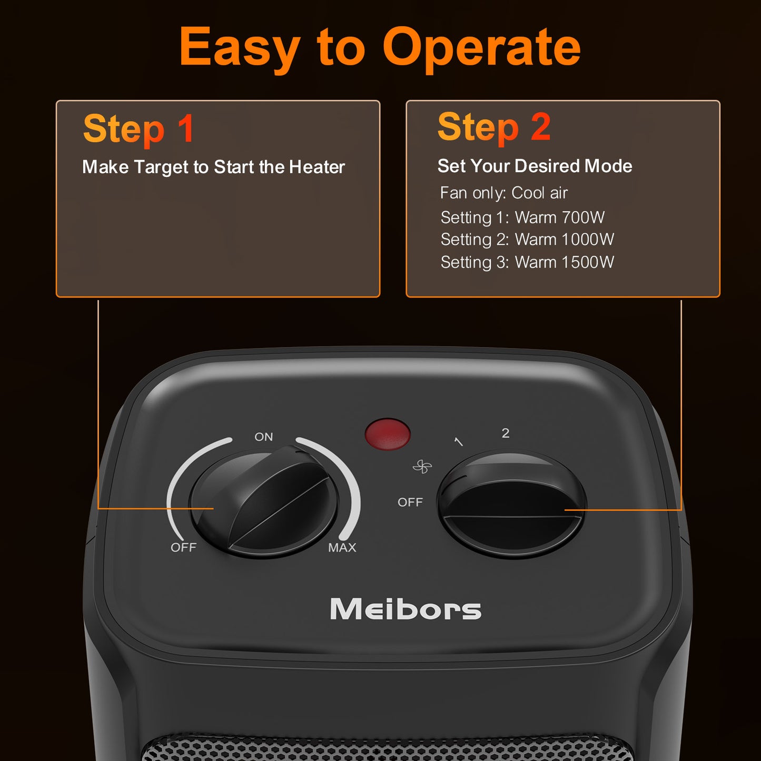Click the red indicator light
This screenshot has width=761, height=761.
(388, 434)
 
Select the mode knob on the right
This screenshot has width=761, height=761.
(511, 505)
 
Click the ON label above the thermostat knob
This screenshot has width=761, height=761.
(264, 437)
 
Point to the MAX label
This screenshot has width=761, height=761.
(342, 548)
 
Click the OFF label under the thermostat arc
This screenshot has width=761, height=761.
(183, 548)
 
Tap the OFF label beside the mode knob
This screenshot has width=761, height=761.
(410, 502)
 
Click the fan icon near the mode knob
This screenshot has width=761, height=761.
(422, 467)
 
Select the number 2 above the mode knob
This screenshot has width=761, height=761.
(506, 433)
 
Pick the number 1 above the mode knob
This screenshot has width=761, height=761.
(458, 441)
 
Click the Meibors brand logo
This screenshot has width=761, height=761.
(406, 609)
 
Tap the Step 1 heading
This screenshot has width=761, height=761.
(139, 129)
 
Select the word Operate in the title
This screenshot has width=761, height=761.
(481, 48)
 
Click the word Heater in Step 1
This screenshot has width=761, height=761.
(317, 167)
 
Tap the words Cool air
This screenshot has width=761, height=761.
(539, 193)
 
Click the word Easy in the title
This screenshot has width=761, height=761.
(240, 48)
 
